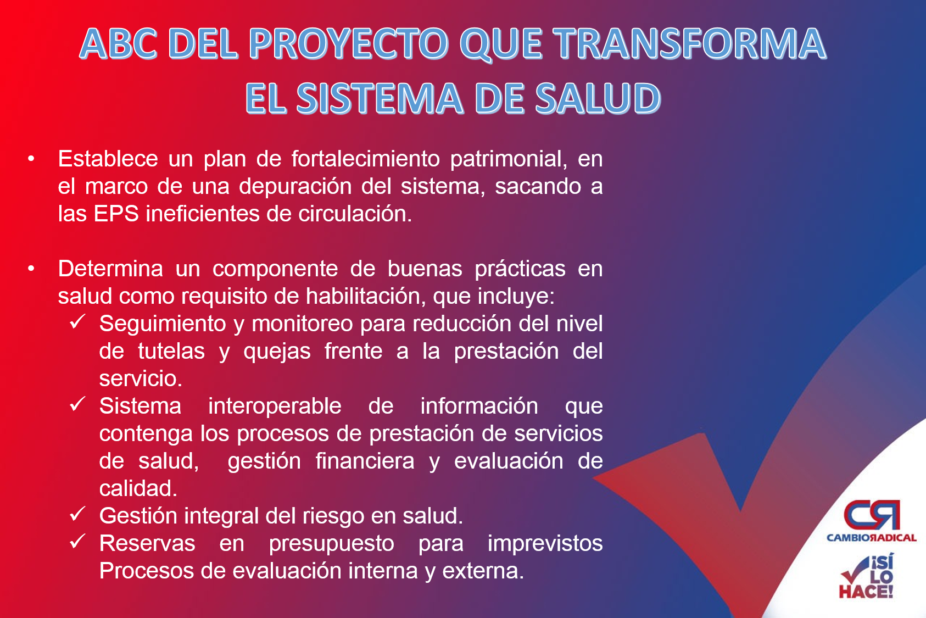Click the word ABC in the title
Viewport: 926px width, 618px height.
pos(118,43)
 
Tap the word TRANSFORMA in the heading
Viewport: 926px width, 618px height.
pos(689,43)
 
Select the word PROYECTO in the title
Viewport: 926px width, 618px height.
pos(348,43)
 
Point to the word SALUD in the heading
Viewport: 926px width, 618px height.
pos(598,98)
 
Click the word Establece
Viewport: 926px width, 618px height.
pos(108,159)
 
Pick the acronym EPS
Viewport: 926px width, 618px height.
pos(116,214)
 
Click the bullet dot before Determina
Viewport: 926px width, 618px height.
pos(31,269)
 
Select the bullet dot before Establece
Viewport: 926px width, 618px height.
pos(31,159)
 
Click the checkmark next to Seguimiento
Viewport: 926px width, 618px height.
pos(77,321)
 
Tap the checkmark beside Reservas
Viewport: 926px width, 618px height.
pos(77,541)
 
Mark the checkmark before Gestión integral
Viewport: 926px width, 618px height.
pos(77,514)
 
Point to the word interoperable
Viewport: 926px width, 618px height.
pos(275,407)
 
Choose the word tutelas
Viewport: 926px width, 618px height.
pos(171,351)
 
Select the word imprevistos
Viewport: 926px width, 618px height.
pos(545,544)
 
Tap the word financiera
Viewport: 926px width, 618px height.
pos(365,461)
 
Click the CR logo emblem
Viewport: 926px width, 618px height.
pos(872,515)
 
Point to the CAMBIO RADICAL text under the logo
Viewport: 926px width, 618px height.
pos(872,538)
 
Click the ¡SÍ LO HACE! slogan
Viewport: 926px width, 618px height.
pos(867,576)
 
